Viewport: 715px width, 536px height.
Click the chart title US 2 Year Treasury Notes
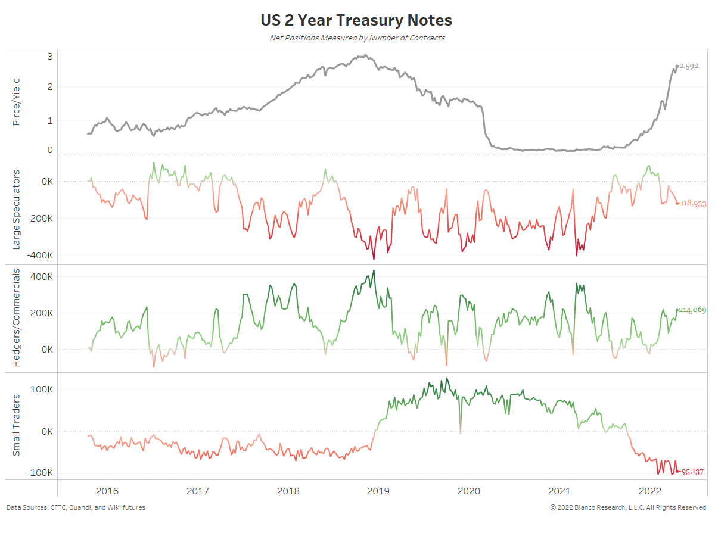pos(356,20)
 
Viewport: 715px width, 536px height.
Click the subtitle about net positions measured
pos(356,38)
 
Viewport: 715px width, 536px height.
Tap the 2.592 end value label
pos(689,66)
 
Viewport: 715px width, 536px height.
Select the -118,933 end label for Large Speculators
pos(692,204)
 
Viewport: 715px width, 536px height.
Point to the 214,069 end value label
pos(692,310)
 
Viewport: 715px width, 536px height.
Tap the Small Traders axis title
pos(17,425)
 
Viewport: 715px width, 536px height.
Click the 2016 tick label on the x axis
pos(107,491)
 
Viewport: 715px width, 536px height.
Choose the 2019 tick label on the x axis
pos(378,491)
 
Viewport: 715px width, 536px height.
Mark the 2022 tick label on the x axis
pos(649,491)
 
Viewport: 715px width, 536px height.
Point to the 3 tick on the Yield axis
pos(50,57)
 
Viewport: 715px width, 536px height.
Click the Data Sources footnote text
pos(76,507)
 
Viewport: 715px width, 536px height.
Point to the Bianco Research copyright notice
pos(628,507)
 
